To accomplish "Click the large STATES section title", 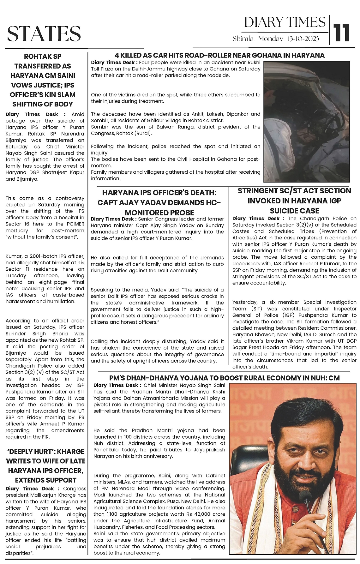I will coord(44,34).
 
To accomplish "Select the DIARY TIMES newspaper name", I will coord(285,22).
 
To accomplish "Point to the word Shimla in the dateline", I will coord(243,39).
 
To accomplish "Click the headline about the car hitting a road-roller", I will coord(220,56).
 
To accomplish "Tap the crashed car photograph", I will coord(307,122).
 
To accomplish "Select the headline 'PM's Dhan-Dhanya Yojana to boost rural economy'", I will coord(225,378).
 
